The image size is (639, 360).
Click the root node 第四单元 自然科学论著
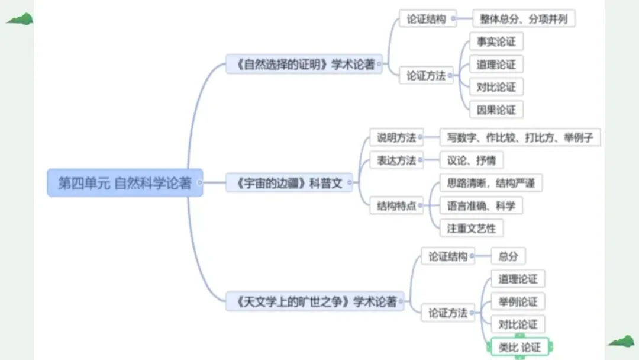(124, 183)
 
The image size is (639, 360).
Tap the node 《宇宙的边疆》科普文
(289, 183)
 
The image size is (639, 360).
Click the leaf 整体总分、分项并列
(524, 19)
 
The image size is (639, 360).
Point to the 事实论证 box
(496, 41)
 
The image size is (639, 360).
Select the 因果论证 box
(496, 110)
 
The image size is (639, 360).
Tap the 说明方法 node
(396, 138)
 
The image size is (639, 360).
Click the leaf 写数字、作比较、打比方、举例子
(520, 138)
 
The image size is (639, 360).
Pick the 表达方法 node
(396, 160)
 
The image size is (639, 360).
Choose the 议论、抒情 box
(472, 160)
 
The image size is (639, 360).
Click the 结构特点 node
(396, 206)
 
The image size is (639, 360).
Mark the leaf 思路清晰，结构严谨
(491, 183)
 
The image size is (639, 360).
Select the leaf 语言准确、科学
(481, 206)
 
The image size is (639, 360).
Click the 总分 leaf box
(508, 256)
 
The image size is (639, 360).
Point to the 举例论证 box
(518, 301)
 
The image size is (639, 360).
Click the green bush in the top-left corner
(20, 20)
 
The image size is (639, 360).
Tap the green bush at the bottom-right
(621, 341)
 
